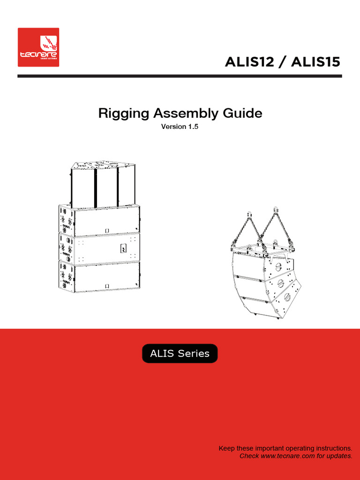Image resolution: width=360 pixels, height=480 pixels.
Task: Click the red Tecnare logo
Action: point(38,47)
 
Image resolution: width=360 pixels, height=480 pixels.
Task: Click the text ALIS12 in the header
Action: point(249,62)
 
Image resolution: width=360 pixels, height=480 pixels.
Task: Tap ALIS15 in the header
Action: point(315,62)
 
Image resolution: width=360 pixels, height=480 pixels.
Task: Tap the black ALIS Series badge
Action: point(180,353)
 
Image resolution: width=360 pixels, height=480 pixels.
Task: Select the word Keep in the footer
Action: point(226,449)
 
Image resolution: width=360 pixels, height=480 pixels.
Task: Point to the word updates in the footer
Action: point(340,456)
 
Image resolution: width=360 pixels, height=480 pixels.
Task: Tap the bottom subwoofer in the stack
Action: point(99,277)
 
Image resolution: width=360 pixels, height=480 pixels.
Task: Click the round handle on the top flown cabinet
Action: point(278,266)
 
